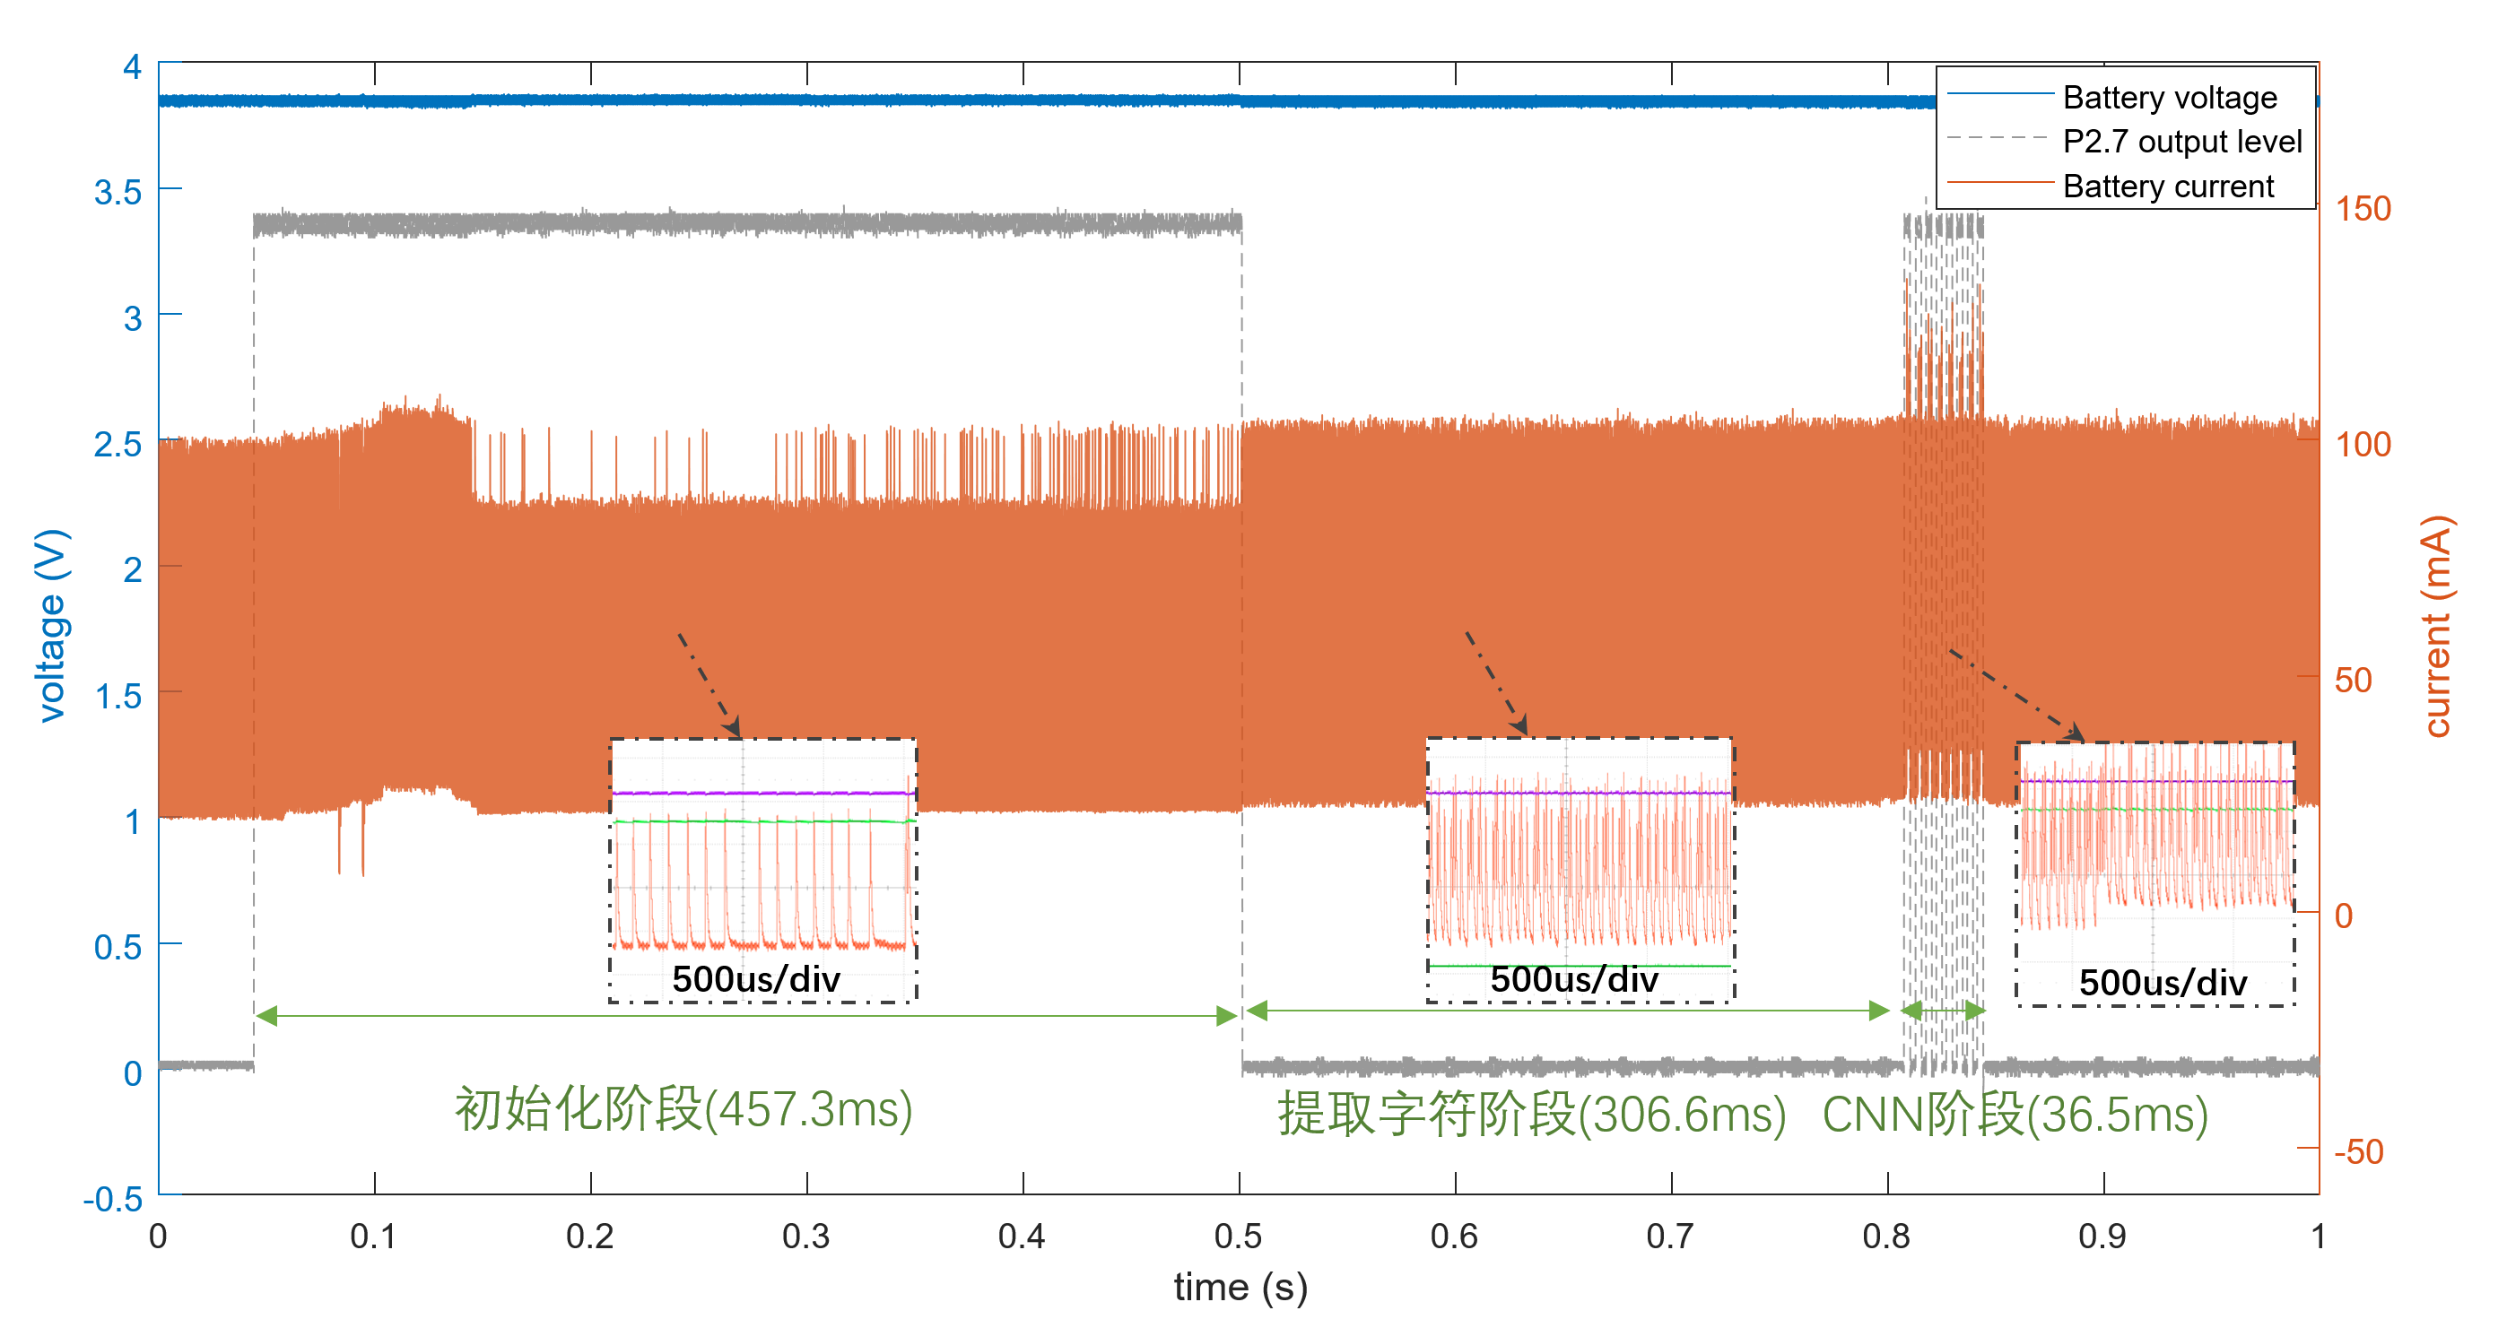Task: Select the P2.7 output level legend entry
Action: (2182, 142)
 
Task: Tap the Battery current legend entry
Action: (2167, 186)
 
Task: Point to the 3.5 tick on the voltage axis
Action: (118, 192)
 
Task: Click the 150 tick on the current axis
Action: (2363, 208)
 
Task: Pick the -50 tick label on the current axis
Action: (2359, 1151)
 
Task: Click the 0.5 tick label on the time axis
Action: (1238, 1236)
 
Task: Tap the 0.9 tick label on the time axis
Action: (2102, 1236)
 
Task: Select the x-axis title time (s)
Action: (1240, 1286)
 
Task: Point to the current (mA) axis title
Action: (2437, 626)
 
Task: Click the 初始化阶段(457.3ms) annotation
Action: (683, 1109)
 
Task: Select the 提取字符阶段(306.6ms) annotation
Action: (1532, 1114)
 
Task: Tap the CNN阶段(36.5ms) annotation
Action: (2015, 1114)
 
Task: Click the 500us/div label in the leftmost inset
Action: (755, 978)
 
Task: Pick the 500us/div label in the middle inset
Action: (1573, 978)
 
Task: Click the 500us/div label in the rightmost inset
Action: (2163, 983)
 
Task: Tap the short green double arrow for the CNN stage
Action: (1944, 1010)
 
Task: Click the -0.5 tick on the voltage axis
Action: (113, 1199)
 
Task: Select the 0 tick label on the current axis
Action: (2344, 916)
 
